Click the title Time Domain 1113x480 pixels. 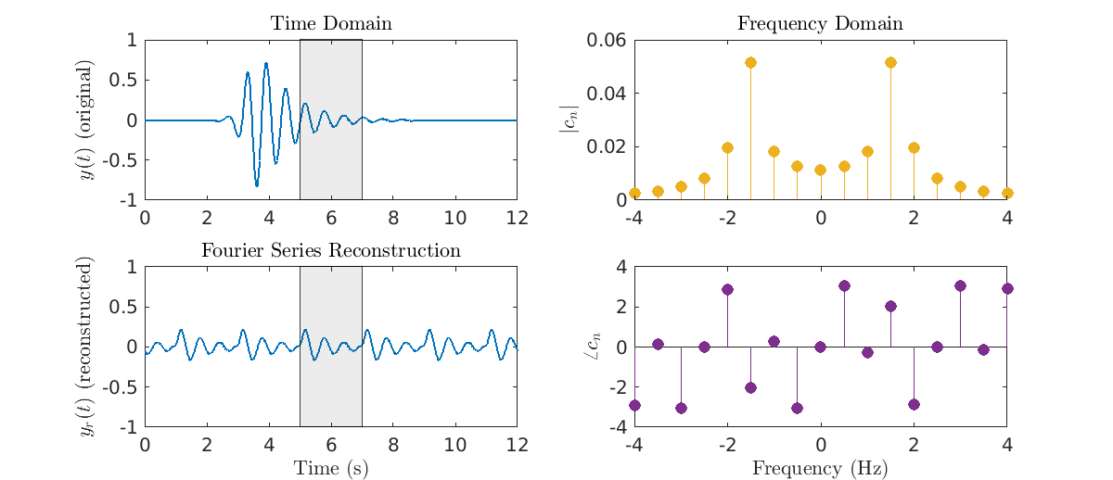pos(331,23)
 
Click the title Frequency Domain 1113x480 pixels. pos(820,23)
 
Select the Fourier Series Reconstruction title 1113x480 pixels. pos(331,251)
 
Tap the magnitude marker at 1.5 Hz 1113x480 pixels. pos(890,62)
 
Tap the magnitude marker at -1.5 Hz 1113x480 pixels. pos(750,62)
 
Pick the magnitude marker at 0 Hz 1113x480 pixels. pos(821,171)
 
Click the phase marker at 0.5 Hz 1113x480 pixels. pos(844,285)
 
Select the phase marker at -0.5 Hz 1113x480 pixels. pos(797,408)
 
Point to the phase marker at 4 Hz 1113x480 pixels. pos(1007,288)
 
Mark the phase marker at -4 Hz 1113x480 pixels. pos(634,405)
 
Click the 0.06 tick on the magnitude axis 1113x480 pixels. pos(604,40)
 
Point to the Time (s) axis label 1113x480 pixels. pos(331,468)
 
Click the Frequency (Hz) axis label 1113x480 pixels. pos(820,468)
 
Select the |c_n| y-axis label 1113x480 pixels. pos(568,120)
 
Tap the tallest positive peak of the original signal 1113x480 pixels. pos(266,64)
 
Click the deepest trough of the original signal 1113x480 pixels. pos(257,185)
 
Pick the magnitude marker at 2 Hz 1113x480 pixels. pos(914,147)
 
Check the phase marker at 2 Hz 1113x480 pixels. pos(914,404)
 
